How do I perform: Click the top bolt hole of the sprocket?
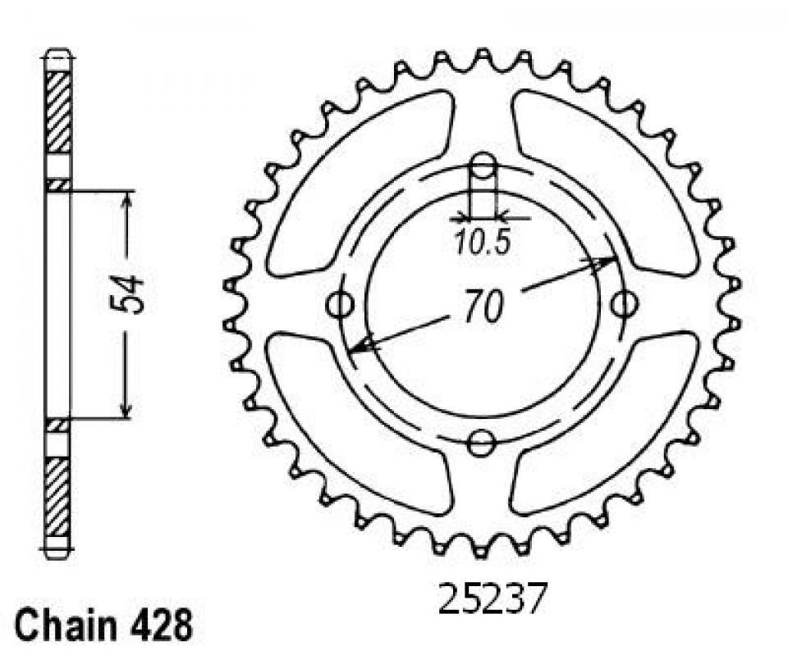[483, 168]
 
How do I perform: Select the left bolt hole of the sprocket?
[340, 305]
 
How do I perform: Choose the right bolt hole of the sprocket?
[625, 305]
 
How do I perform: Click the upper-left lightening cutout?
[361, 172]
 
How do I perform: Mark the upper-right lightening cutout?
[603, 172]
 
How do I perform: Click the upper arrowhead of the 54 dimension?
[126, 202]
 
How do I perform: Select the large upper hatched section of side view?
[58, 112]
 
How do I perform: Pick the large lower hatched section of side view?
[58, 496]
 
